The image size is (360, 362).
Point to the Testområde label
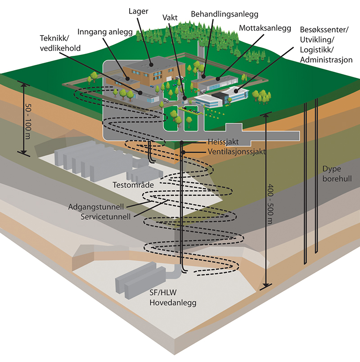point(132,185)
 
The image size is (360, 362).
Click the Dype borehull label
point(337,173)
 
